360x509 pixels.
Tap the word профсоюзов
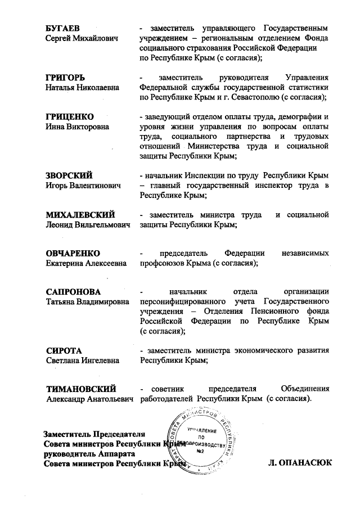[x=166, y=263]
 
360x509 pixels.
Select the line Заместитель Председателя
[x=95, y=434]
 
